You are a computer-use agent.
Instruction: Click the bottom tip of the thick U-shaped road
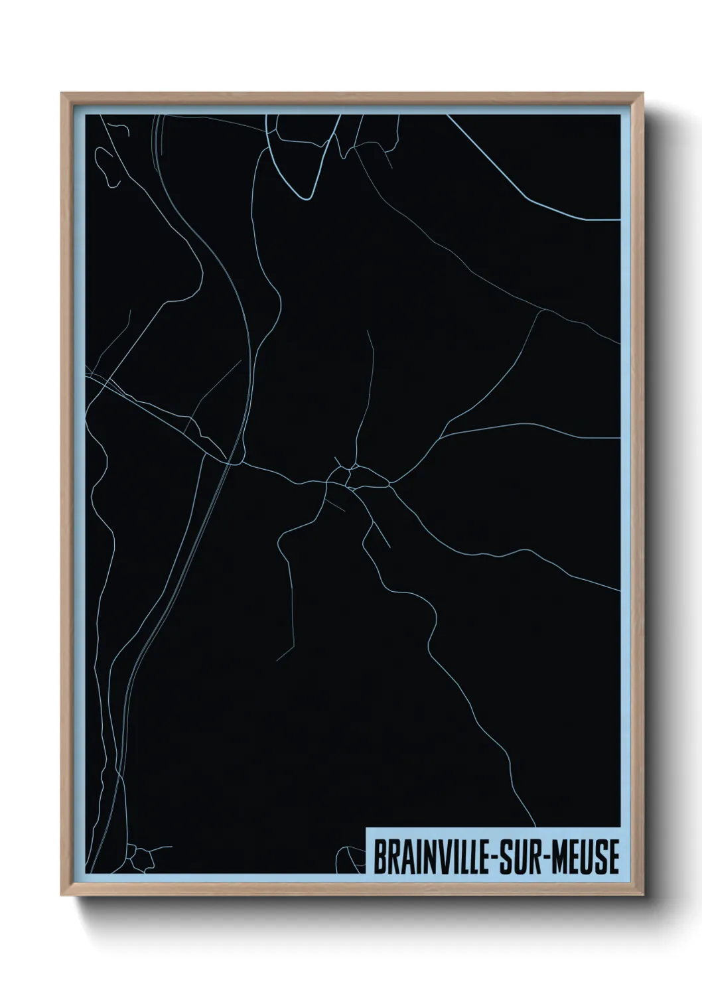(306, 197)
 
